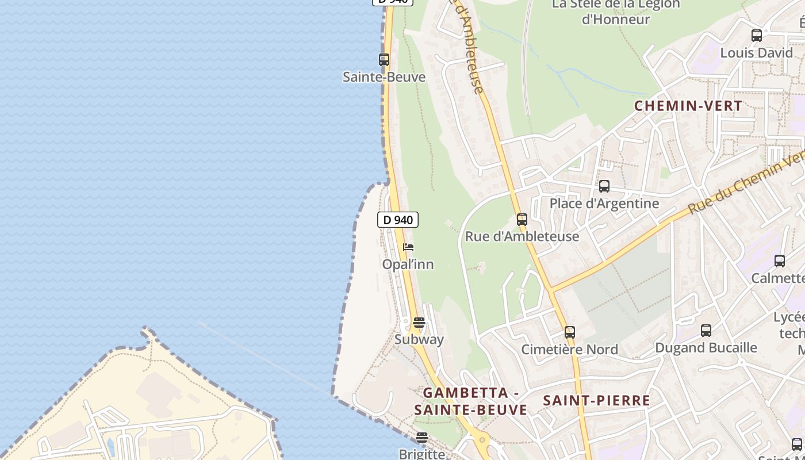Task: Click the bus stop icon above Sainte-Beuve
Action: coord(384,60)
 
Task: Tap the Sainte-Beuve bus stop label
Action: coord(384,77)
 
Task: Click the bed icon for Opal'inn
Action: coord(408,247)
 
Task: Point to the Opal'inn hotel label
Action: coord(408,264)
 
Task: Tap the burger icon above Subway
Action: coord(419,323)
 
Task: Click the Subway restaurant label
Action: coord(419,339)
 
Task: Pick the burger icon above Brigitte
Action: coord(422,438)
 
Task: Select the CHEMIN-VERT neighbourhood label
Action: coord(688,106)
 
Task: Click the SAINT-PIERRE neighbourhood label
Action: coord(596,401)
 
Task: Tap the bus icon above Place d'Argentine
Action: coord(604,186)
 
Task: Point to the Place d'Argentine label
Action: coord(604,204)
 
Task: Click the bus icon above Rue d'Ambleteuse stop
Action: coord(522,220)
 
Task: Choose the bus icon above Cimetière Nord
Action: coord(569,332)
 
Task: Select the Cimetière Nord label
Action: coord(569,350)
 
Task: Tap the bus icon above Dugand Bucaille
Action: coord(706,331)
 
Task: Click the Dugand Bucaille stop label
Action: coord(706,348)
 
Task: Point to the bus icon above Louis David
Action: coord(757,36)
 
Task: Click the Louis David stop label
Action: coord(757,53)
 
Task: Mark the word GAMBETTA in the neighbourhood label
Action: coord(466,393)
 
